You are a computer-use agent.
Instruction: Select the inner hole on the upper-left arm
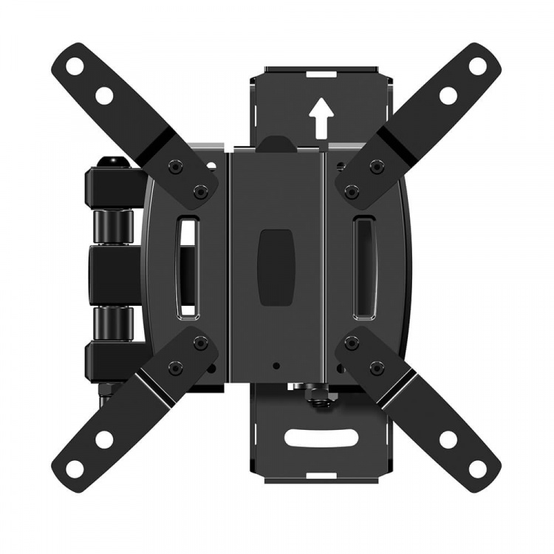104,95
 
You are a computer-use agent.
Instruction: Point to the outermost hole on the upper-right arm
478,66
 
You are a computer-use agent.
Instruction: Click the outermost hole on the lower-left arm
75,468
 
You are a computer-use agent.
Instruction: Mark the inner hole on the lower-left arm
104,439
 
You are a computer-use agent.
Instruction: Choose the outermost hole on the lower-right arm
478,468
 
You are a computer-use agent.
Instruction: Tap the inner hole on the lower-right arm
448,440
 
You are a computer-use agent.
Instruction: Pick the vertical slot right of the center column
364,265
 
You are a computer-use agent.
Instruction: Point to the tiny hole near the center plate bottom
276,365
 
